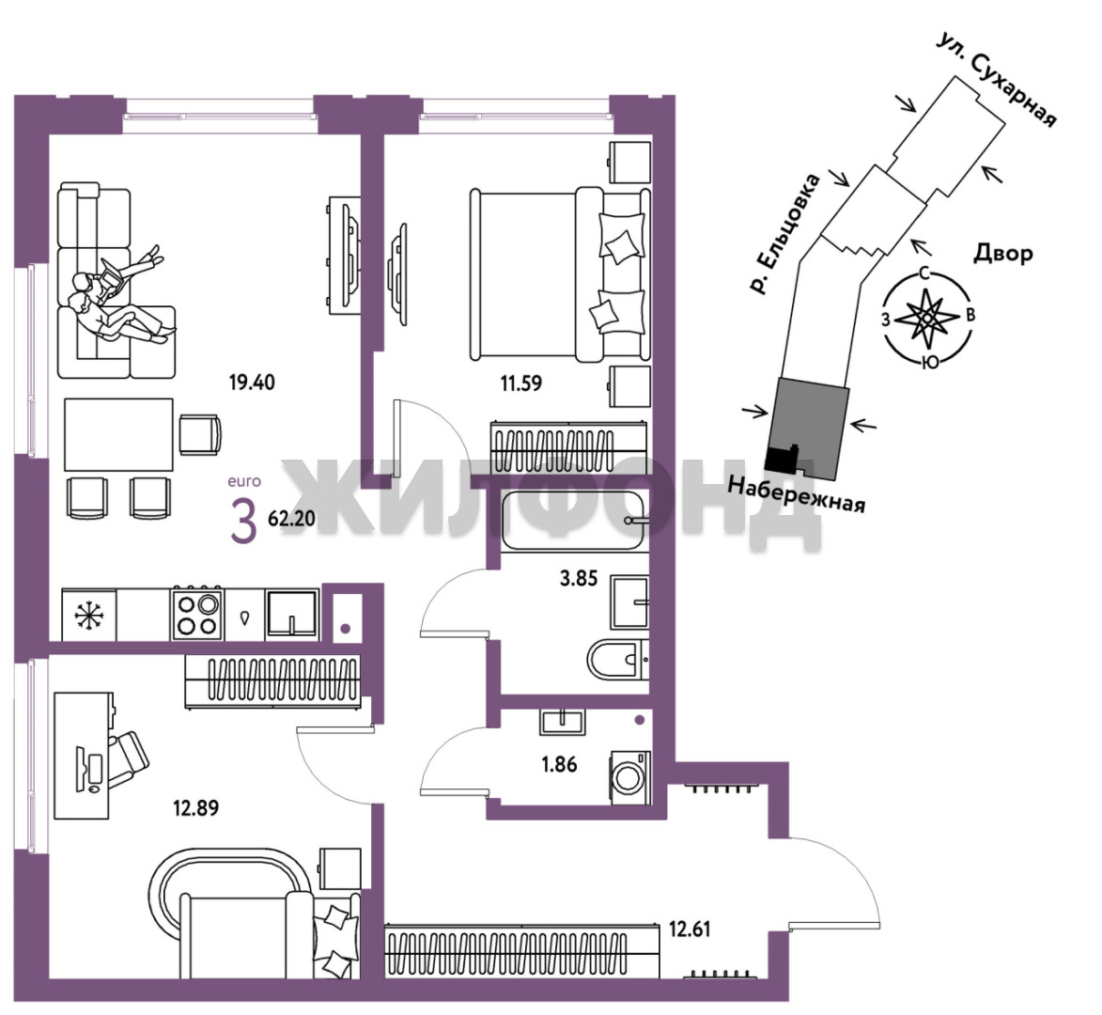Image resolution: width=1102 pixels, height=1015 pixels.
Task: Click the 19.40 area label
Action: point(252,383)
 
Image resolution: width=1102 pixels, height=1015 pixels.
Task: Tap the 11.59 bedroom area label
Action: point(520,383)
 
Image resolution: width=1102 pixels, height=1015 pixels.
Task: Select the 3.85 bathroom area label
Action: point(579,579)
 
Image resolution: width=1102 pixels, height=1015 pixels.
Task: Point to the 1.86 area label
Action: point(559,764)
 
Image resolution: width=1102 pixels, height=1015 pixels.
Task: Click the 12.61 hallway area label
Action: point(690,929)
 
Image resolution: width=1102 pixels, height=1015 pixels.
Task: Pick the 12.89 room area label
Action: point(196,807)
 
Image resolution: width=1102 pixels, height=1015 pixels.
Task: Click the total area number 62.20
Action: point(291,519)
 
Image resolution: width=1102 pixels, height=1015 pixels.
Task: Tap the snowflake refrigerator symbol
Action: point(88,615)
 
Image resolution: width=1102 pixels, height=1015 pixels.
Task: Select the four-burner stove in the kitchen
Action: point(197,614)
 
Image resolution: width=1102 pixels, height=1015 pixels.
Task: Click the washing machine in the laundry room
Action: point(630,778)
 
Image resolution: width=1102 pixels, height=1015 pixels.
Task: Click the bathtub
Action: point(573,520)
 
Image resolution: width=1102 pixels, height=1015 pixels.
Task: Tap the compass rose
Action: point(927,319)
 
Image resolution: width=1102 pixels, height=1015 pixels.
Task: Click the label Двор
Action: point(1003,253)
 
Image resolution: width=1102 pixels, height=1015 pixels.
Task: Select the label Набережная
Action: point(796,493)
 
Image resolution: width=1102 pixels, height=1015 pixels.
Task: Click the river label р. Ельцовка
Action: point(784,234)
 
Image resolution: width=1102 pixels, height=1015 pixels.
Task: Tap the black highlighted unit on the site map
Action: point(782,459)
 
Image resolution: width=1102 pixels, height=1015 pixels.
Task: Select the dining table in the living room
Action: point(118,434)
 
